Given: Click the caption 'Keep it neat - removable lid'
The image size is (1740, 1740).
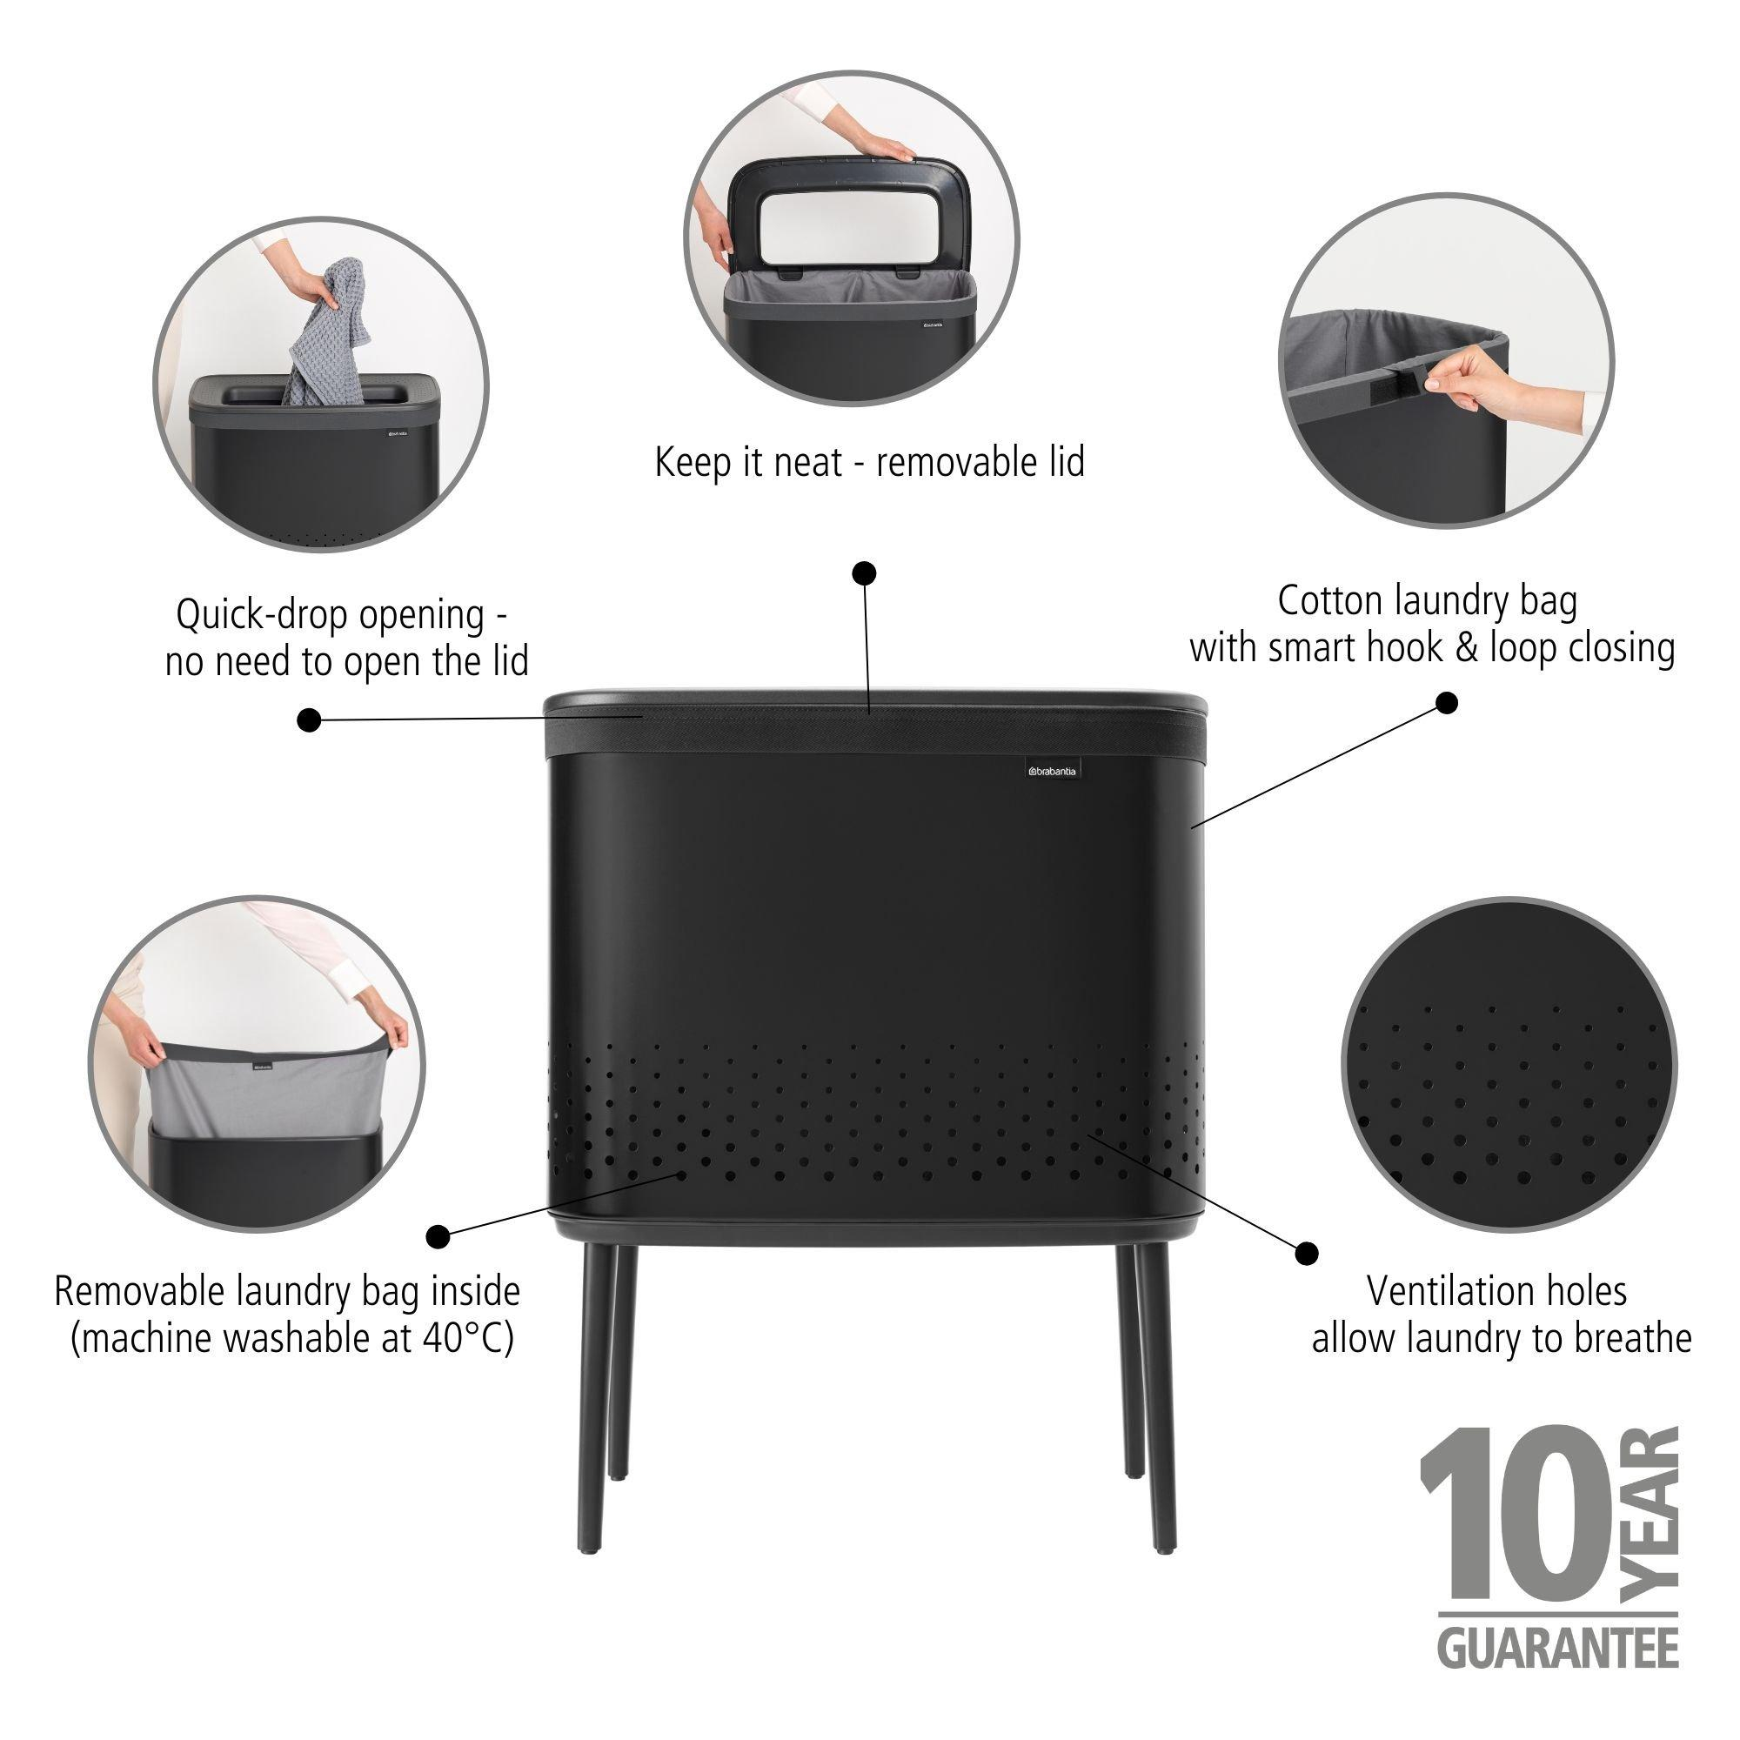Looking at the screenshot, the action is [x=869, y=463].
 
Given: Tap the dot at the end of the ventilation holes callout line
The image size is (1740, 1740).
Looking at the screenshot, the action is [x=1306, y=1253].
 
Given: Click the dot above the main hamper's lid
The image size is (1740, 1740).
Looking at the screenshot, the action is [x=865, y=572].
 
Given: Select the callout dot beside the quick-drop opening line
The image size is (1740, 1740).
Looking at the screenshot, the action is [x=309, y=719].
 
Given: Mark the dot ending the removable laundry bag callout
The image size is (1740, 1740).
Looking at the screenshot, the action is [x=438, y=1235].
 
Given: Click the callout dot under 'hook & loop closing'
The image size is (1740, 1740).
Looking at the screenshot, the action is [x=1447, y=703].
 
